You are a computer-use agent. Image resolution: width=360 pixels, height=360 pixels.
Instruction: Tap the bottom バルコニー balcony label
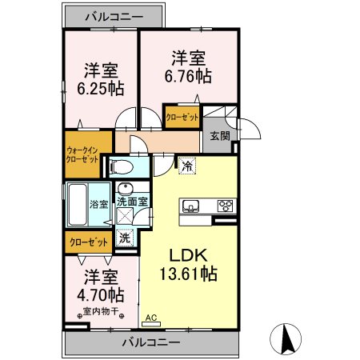click(x=150, y=343)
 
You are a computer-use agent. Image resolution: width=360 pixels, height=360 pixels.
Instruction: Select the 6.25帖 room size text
click(x=99, y=78)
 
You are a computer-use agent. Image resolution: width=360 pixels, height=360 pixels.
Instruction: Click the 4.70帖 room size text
click(x=100, y=294)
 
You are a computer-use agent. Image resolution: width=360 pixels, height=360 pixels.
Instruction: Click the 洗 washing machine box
click(x=125, y=237)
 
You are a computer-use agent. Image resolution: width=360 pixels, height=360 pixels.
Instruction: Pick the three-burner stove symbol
click(x=226, y=205)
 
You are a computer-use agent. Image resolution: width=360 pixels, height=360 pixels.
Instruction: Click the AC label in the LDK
click(x=150, y=318)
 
